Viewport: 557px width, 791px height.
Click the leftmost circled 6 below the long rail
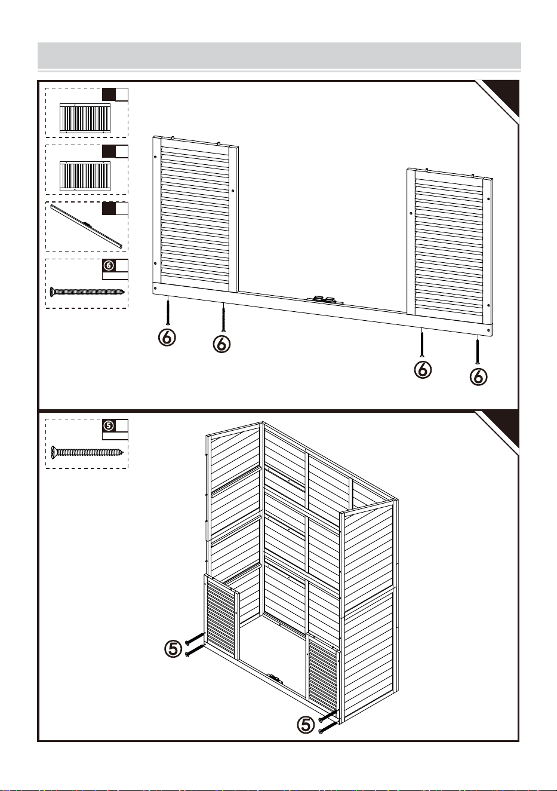167,338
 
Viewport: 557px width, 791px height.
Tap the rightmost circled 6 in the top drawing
478,376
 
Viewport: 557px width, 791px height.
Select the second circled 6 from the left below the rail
221,344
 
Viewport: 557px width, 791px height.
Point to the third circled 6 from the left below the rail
423,370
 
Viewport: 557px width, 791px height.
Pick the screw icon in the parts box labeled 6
87,292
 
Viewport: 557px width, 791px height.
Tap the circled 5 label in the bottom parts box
109,426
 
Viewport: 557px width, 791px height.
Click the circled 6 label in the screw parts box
109,265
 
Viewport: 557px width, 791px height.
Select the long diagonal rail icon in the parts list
87,226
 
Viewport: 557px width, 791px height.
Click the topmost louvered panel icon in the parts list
85,118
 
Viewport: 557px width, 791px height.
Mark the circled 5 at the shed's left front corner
173,649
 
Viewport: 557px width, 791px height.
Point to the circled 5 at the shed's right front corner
306,725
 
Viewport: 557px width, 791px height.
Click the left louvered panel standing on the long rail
196,214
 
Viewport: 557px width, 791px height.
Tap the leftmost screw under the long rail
168,310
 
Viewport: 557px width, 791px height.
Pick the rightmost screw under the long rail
477,349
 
